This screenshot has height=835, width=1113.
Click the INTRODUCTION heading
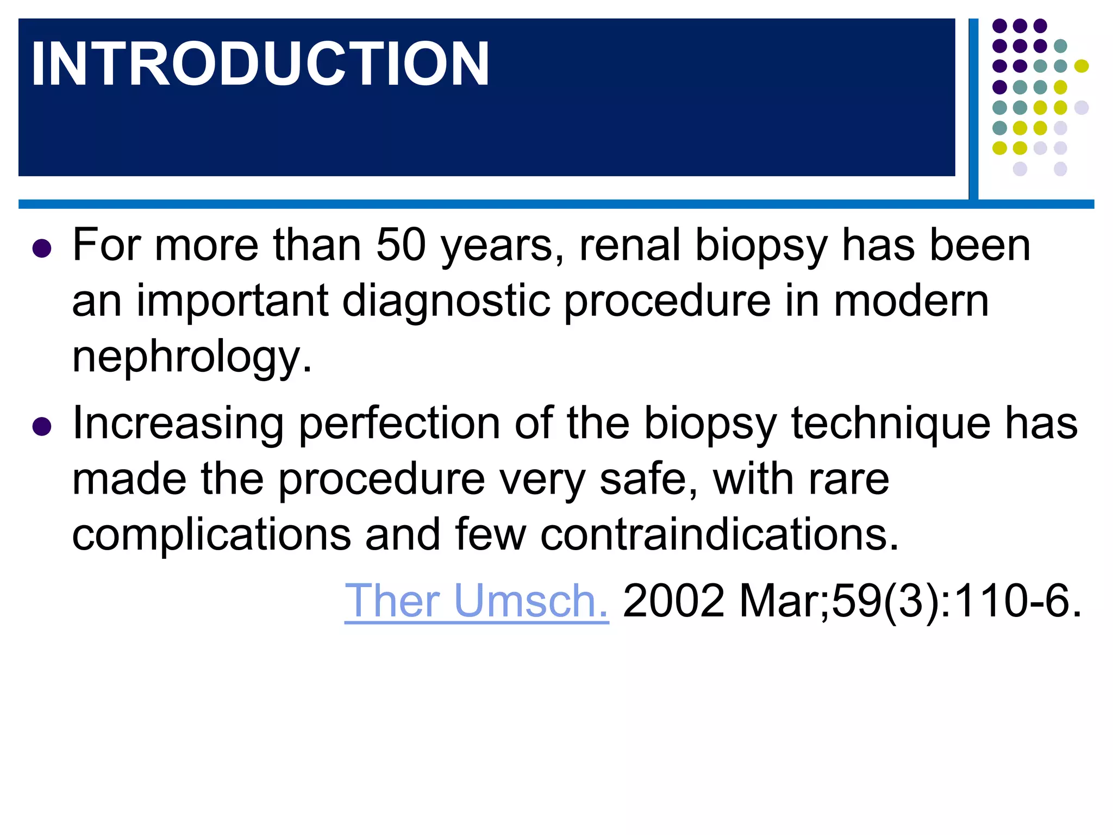pyautogui.click(x=260, y=64)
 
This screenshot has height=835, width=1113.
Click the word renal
pyautogui.click(x=630, y=245)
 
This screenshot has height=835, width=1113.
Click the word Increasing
pyautogui.click(x=178, y=423)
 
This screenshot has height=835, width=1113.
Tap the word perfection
pyautogui.click(x=399, y=423)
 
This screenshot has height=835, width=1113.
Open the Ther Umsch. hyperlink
pyautogui.click(x=477, y=601)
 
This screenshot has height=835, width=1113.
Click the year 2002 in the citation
pyautogui.click(x=673, y=601)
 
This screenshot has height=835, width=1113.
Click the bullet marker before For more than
pyautogui.click(x=42, y=248)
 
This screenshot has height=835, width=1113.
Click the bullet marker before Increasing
pyautogui.click(x=42, y=427)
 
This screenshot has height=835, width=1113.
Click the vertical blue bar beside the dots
pyautogui.click(x=973, y=109)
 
